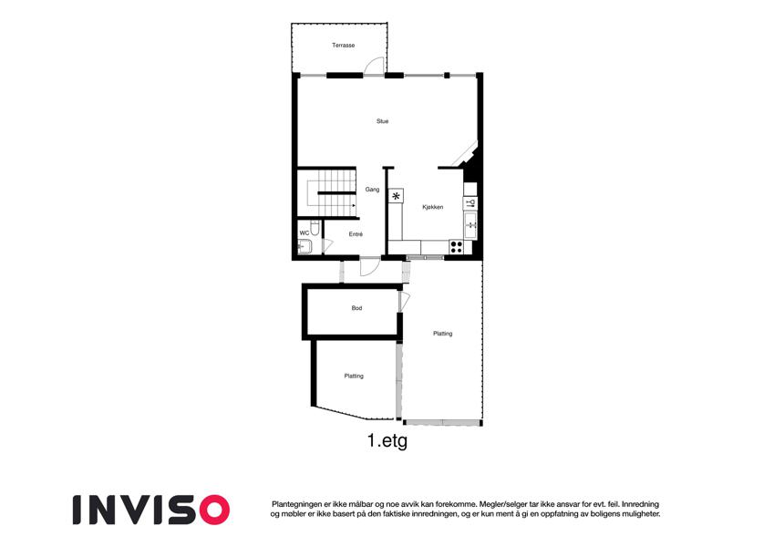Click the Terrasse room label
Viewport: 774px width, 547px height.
click(343, 45)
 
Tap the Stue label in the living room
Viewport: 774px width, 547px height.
click(383, 121)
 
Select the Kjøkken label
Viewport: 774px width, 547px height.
click(433, 207)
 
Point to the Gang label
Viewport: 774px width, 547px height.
click(372, 190)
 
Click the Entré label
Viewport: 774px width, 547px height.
click(356, 234)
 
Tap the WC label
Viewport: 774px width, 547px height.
click(304, 233)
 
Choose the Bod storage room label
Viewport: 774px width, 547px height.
click(356, 308)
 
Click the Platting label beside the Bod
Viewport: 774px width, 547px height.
click(443, 334)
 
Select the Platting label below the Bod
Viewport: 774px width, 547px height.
click(354, 377)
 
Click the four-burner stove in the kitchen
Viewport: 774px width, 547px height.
click(456, 247)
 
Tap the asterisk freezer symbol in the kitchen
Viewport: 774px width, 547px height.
click(396, 196)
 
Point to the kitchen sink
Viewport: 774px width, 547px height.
click(470, 225)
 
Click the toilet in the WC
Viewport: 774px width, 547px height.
click(315, 228)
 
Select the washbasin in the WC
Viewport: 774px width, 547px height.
click(304, 246)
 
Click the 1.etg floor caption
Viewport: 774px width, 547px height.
click(387, 440)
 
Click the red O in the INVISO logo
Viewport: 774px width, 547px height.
click(214, 510)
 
